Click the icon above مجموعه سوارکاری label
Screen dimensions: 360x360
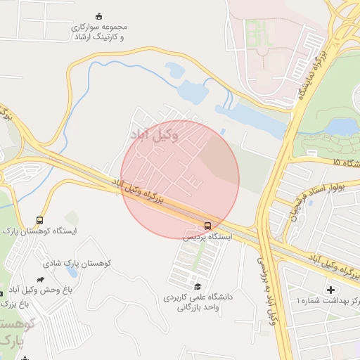pyautogui.click(x=99, y=16)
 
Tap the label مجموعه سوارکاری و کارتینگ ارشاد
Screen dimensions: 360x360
pyautogui.click(x=99, y=32)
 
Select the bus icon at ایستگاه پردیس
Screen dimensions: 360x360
pyautogui.click(x=207, y=226)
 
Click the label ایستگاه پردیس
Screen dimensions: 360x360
pyautogui.click(x=207, y=238)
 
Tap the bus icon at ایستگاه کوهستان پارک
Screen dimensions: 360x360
pyautogui.click(x=39, y=220)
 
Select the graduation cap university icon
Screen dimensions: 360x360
pyautogui.click(x=198, y=286)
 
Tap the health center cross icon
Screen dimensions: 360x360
pyautogui.click(x=331, y=290)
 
